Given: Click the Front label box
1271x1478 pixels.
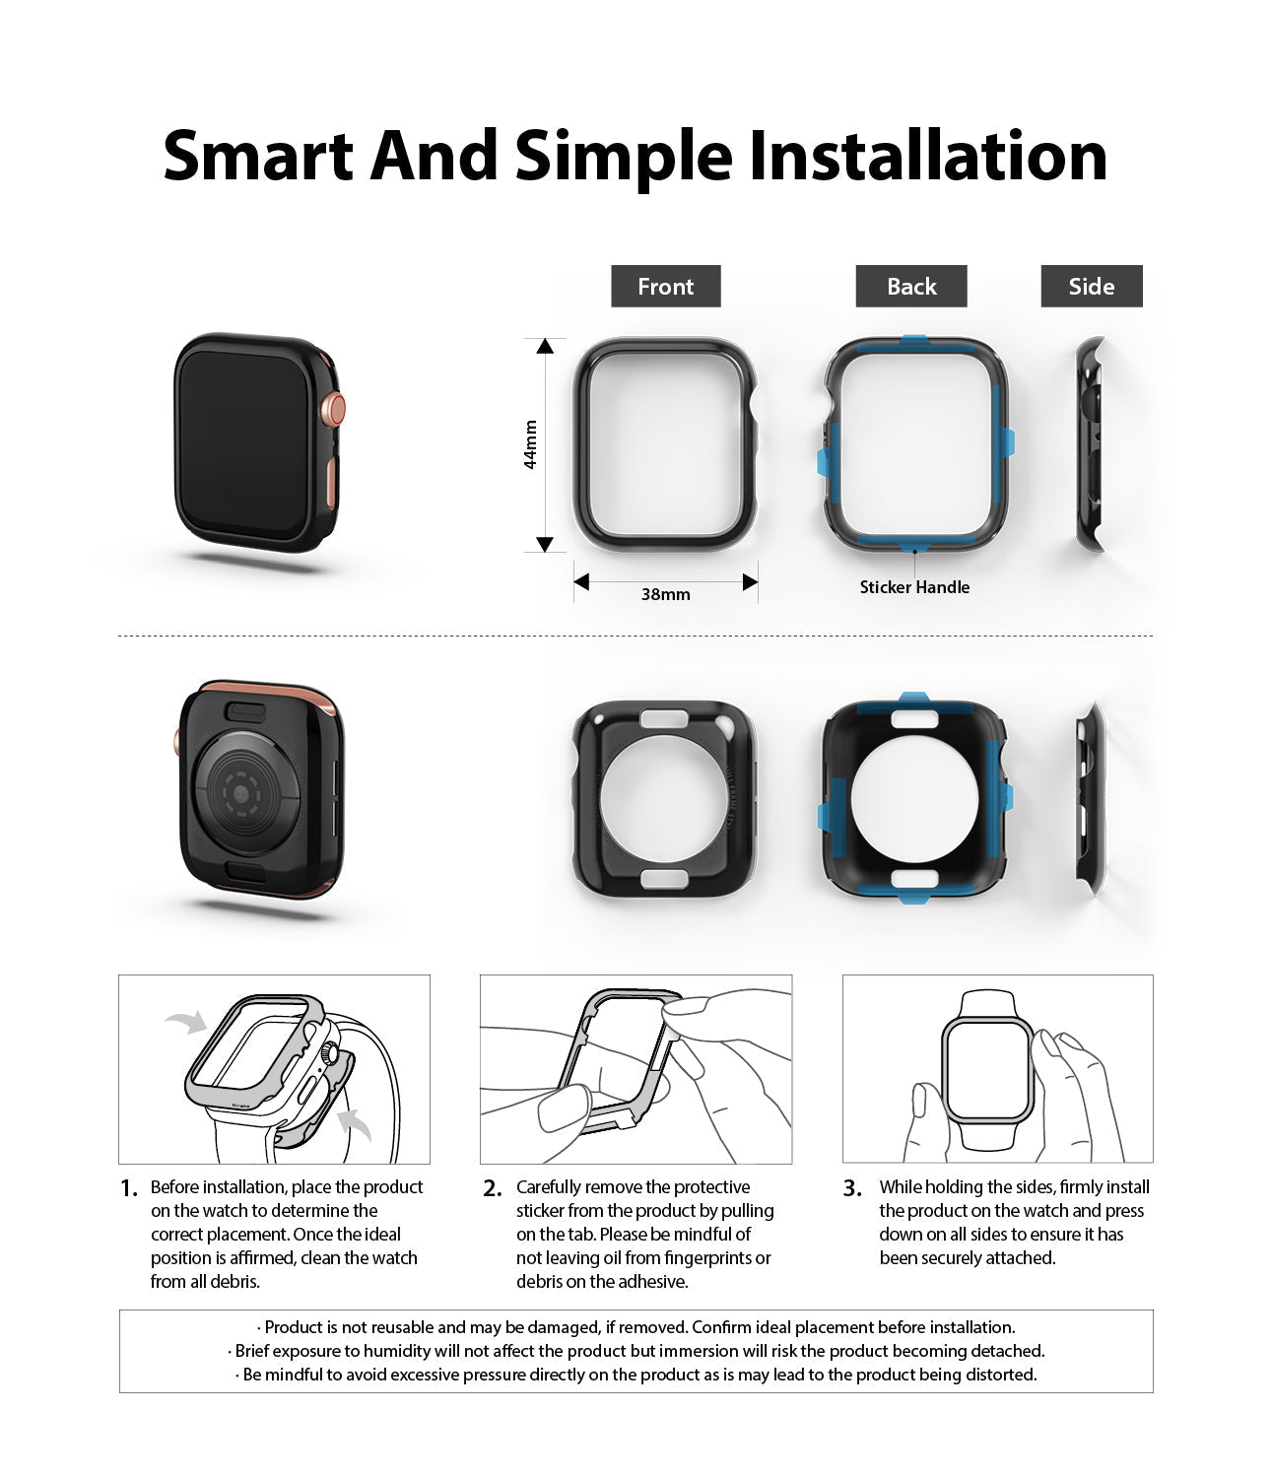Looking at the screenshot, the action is pos(665,286).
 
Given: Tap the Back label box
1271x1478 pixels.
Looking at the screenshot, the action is pos(911,286).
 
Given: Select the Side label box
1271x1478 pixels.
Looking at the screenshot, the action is pos(1092,286).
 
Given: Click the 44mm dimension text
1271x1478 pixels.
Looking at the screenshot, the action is pos(530,444).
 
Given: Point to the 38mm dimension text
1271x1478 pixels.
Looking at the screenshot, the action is pos(665,594).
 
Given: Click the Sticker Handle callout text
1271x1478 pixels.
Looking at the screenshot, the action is pos(914,587).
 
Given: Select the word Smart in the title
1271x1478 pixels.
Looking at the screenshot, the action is pos(257,156).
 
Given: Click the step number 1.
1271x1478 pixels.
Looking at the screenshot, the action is pos(129,1189).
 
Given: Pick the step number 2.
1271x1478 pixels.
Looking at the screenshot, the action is pos(492,1189).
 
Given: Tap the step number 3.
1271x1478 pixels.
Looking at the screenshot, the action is pos(852,1189).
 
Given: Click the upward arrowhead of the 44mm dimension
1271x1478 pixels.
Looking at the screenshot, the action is pos(545,346).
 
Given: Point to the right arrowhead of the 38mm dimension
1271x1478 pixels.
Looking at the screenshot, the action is pos(750,582).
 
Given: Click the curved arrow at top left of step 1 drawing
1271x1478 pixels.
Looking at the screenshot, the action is pos(186,1022).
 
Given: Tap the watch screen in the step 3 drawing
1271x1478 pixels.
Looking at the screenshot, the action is pos(987,1070).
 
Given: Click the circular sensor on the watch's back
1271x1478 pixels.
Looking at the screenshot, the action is pos(247,792).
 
